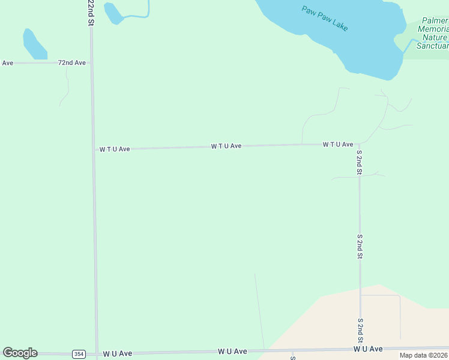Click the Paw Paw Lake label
(325, 19)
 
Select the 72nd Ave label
(72, 62)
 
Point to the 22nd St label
(91, 12)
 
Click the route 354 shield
(79, 354)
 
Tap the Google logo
(20, 353)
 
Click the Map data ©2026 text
(423, 355)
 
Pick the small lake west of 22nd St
(33, 44)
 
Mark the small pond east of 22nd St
(112, 13)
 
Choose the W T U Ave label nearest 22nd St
(115, 149)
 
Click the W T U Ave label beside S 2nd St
(337, 145)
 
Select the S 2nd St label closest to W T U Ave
(359, 162)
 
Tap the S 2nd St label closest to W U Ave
(360, 330)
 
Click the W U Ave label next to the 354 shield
(118, 353)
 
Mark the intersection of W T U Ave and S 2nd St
(359, 144)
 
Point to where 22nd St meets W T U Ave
(93, 149)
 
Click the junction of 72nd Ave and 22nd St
(91, 62)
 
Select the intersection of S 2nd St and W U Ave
(360, 349)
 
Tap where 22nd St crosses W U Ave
(96, 354)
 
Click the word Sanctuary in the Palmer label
(433, 46)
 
